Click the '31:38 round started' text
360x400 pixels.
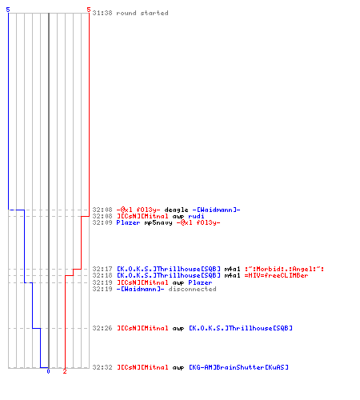130,13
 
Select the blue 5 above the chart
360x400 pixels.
8,10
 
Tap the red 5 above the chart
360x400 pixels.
89,10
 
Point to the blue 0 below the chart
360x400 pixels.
48,371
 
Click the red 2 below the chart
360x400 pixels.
65,371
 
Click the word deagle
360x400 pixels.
176,210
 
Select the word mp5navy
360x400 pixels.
158,223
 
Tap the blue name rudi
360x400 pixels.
196,216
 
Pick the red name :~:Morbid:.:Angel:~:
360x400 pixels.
284,269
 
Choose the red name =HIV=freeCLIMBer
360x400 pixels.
276,275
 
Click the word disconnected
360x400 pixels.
192,289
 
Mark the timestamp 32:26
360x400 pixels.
102,328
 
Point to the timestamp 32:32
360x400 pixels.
102,367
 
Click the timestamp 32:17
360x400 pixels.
102,269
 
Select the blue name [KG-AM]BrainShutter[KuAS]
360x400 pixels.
238,367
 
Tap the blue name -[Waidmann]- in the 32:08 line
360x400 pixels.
216,210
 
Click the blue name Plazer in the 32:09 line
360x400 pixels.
128,223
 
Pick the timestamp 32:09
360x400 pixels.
102,223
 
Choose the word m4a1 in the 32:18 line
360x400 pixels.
232,275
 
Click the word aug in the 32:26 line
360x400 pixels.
178,329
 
